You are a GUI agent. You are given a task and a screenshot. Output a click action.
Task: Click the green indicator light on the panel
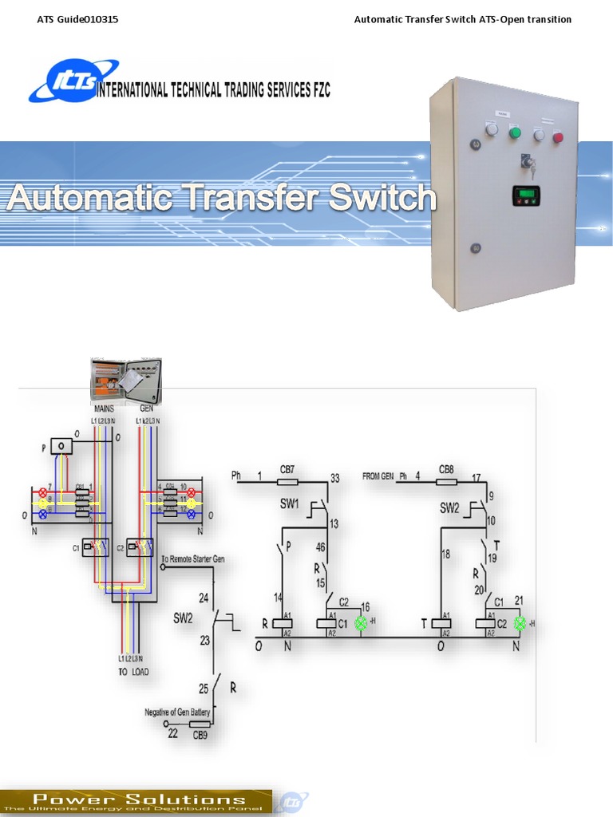[515, 132]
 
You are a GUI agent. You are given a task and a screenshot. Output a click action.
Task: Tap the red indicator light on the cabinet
[558, 137]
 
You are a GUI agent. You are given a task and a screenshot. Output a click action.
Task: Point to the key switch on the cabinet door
[528, 164]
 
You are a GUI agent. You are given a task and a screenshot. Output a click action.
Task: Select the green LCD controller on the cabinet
[526, 195]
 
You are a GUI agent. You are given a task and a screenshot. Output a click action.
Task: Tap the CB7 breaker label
[287, 468]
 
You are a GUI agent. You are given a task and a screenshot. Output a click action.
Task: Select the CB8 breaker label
[447, 468]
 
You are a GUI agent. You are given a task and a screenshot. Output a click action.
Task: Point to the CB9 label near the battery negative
[200, 735]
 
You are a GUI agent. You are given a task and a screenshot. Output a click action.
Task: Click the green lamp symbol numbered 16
[361, 623]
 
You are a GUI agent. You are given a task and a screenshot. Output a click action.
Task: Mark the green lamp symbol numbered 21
[520, 623]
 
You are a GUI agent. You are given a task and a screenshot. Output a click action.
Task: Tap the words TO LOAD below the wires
[133, 671]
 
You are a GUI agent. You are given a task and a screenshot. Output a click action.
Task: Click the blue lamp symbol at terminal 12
[192, 515]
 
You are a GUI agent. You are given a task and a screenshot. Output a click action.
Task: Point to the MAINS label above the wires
[105, 408]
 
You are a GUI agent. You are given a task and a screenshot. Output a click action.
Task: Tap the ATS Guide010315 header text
[77, 19]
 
